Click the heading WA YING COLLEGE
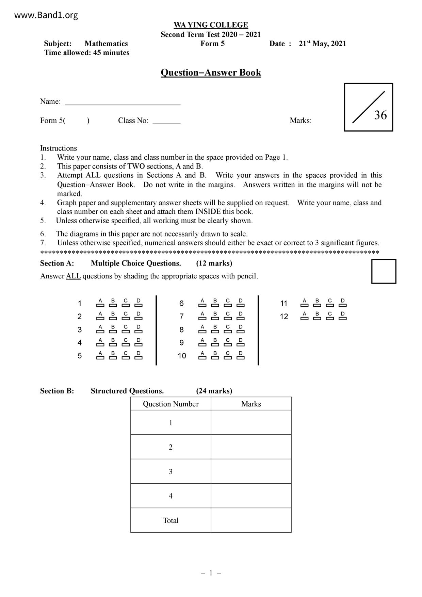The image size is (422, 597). point(211,25)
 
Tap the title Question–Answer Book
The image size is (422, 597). point(211,72)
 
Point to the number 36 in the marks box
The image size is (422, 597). point(380,115)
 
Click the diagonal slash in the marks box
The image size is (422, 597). point(368,107)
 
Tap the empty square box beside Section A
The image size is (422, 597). point(384,271)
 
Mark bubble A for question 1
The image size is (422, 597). point(100,305)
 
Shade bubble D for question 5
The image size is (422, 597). point(139,358)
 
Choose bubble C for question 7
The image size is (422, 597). point(228,319)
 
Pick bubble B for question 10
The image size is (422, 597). point(215,358)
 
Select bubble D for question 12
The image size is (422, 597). point(343,319)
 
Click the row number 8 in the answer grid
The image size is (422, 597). point(181,330)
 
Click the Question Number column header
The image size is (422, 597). point(171,404)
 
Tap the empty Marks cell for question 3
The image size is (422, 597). point(251,471)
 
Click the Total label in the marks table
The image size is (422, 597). point(171,520)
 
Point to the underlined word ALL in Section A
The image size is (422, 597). point(73,276)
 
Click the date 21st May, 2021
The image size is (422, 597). point(322,44)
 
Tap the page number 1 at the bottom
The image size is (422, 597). point(211,573)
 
